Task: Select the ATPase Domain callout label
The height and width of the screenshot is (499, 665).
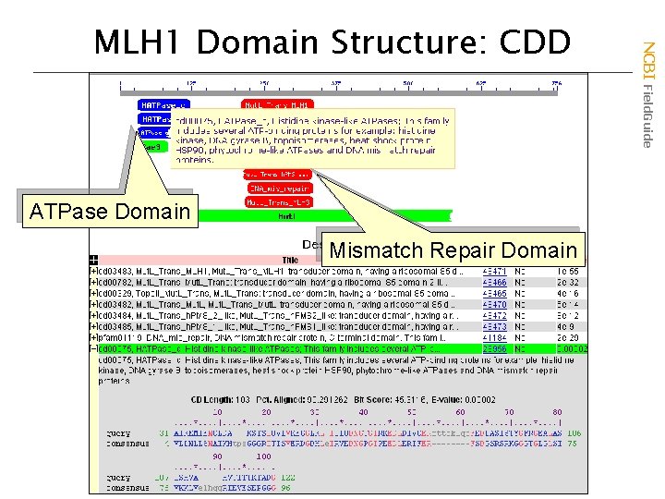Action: [x=109, y=212]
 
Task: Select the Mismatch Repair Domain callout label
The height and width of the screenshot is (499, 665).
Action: [x=453, y=250]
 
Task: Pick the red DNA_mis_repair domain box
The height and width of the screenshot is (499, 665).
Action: [x=278, y=188]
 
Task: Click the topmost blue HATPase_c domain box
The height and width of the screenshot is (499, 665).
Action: [x=163, y=105]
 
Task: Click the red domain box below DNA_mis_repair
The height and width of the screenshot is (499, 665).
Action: [x=278, y=201]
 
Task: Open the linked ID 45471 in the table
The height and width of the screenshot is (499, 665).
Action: [x=494, y=270]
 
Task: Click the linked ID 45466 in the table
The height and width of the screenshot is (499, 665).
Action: [x=494, y=281]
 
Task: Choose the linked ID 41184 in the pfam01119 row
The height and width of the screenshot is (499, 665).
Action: [x=494, y=337]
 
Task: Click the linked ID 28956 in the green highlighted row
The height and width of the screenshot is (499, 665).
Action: [x=494, y=348]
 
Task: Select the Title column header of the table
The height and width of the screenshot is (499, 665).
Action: [x=291, y=260]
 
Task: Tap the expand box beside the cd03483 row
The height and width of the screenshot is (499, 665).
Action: [x=93, y=270]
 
